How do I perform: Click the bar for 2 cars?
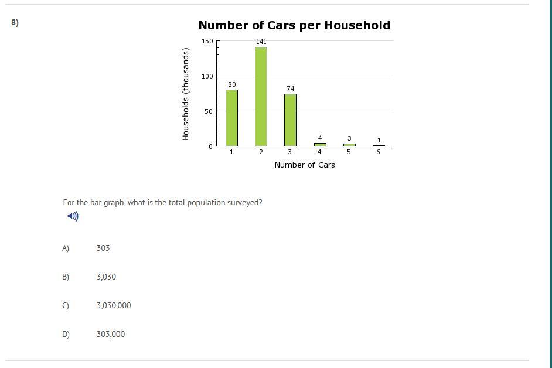tap(261, 97)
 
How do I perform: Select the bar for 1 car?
tap(231, 118)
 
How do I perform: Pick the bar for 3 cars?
tap(290, 120)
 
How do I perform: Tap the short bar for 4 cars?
tap(320, 144)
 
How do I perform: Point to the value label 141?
tap(261, 42)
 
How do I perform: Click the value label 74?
tap(291, 88)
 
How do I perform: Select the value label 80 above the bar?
tap(232, 84)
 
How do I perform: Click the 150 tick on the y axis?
tap(207, 41)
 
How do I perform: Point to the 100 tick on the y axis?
tap(207, 76)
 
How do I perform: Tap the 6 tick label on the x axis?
tap(379, 152)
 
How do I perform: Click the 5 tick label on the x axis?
tap(349, 152)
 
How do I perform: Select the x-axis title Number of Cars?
tap(305, 165)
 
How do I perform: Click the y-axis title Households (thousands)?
tap(186, 94)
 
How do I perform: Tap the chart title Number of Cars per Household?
tap(294, 25)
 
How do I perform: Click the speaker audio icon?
tap(73, 216)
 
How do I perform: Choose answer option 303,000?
tap(111, 334)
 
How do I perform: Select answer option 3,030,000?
tap(114, 305)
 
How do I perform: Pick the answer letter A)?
tap(66, 248)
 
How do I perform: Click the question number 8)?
tap(15, 23)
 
